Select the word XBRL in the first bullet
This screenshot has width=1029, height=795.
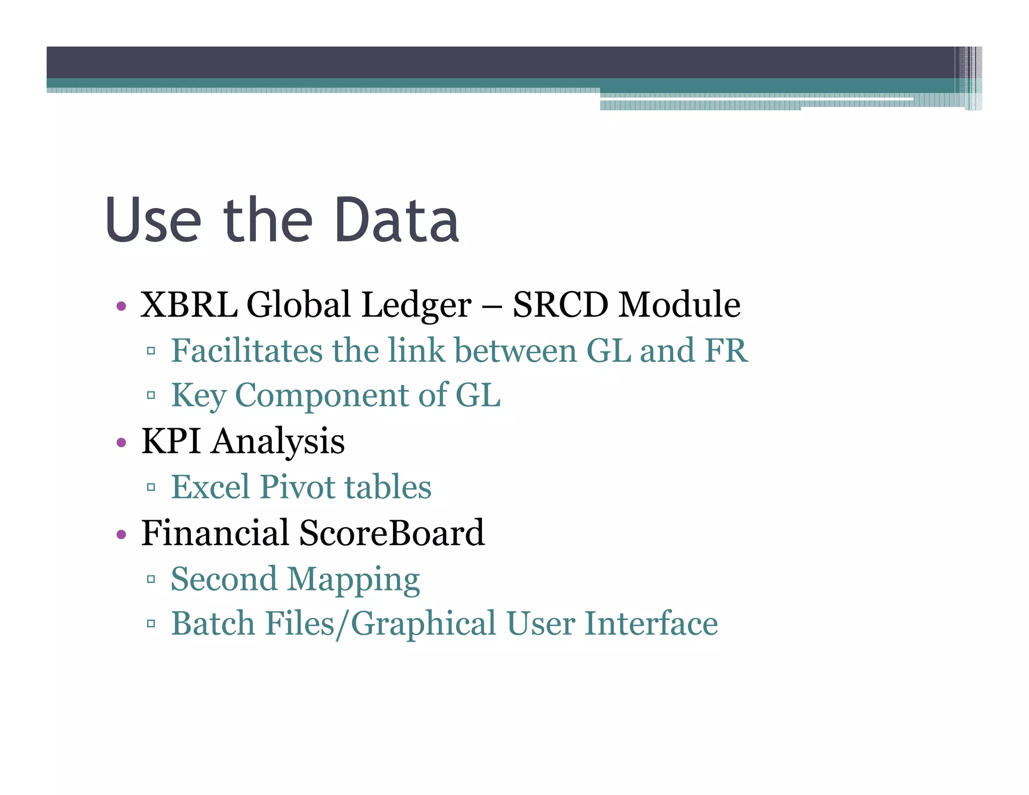tap(189, 305)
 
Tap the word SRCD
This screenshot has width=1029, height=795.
tap(560, 305)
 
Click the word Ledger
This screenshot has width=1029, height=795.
tap(417, 306)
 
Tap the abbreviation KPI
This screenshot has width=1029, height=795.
tap(171, 441)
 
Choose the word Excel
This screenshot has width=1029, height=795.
tap(211, 486)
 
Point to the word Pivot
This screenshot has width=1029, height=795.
tap(298, 486)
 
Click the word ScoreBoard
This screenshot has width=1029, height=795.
tap(392, 533)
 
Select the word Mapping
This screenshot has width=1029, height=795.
tap(353, 580)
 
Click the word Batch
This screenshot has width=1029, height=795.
tap(213, 624)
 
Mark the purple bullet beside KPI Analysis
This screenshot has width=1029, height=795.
tap(121, 443)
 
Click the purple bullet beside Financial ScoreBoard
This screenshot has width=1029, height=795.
tap(121, 534)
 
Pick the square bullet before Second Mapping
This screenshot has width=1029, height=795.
tap(151, 579)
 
